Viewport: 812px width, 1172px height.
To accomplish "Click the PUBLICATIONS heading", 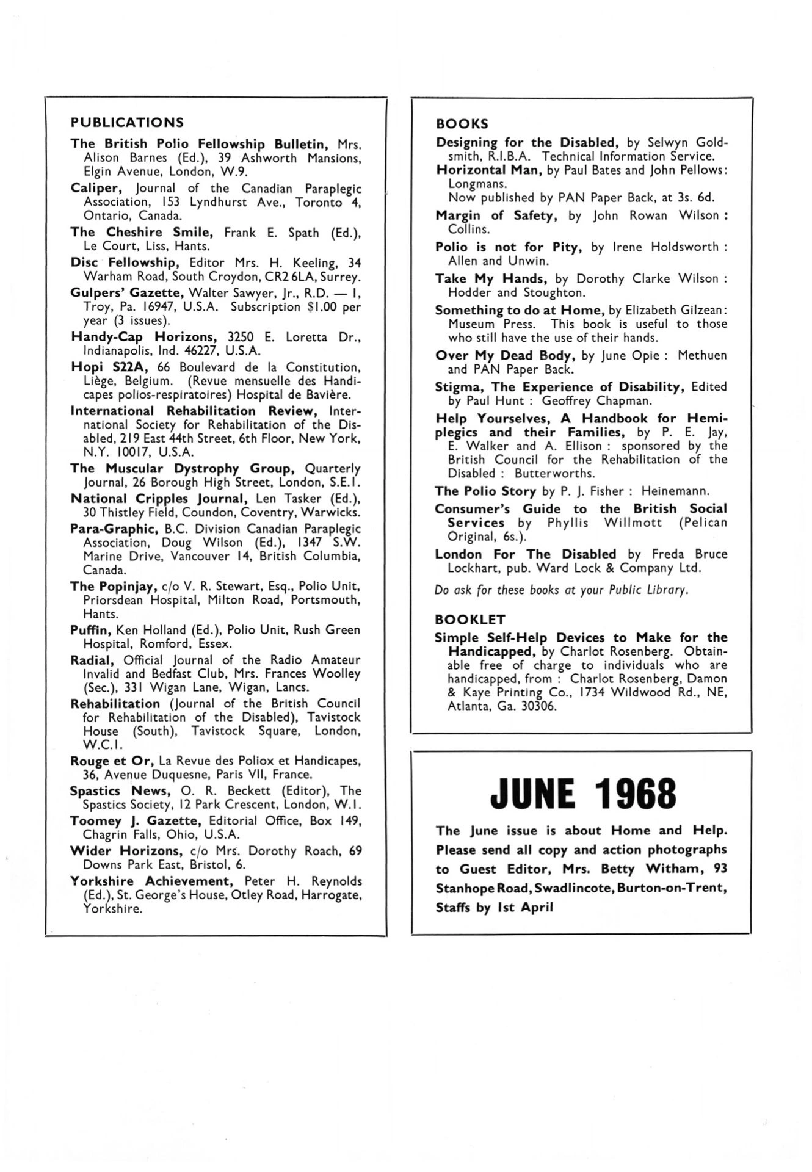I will click(127, 122).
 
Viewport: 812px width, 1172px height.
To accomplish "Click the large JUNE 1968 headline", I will click(583, 794).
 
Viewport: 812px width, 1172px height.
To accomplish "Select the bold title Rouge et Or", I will click(112, 761).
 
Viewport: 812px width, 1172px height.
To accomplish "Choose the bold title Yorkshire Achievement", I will click(152, 881).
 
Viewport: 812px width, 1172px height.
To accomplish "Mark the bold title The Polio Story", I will click(485, 491).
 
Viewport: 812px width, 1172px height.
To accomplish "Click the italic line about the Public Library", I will click(562, 590).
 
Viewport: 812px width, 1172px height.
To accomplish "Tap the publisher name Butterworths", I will click(554, 473).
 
